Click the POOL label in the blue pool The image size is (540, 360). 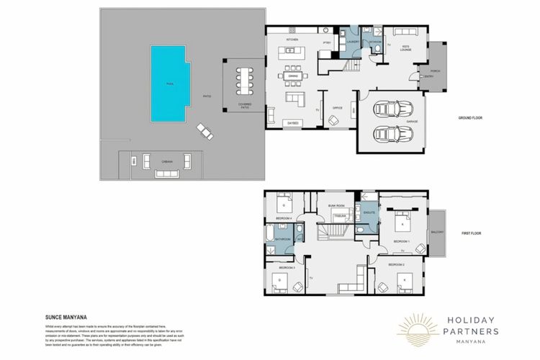click(170, 84)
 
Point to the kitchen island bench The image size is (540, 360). click(293, 51)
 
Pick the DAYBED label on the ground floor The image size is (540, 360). click(293, 123)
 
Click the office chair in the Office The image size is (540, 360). click(333, 120)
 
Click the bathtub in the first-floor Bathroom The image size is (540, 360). click(268, 238)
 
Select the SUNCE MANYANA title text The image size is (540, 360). click(62, 315)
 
